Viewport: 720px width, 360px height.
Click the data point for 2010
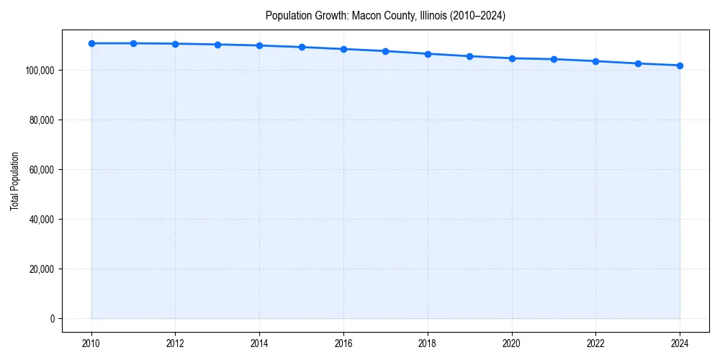coord(91,43)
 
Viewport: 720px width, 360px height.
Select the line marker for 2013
coord(217,45)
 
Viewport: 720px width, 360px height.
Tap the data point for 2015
coord(302,47)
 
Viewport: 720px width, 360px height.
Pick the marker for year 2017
coord(385,51)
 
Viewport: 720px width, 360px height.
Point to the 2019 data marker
coord(469,56)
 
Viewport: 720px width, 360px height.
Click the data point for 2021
coord(554,59)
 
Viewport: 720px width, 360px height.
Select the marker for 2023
coord(638,63)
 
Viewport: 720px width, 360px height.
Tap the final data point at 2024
coord(680,66)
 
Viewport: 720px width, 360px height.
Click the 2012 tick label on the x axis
coord(176,342)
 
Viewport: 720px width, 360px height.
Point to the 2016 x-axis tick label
coord(343,342)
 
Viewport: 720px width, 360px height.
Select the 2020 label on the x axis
coord(512,342)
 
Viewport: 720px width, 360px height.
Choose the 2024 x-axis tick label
coord(680,342)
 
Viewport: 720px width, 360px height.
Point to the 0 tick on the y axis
coord(53,318)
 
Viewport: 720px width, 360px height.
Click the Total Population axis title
coord(14,181)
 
